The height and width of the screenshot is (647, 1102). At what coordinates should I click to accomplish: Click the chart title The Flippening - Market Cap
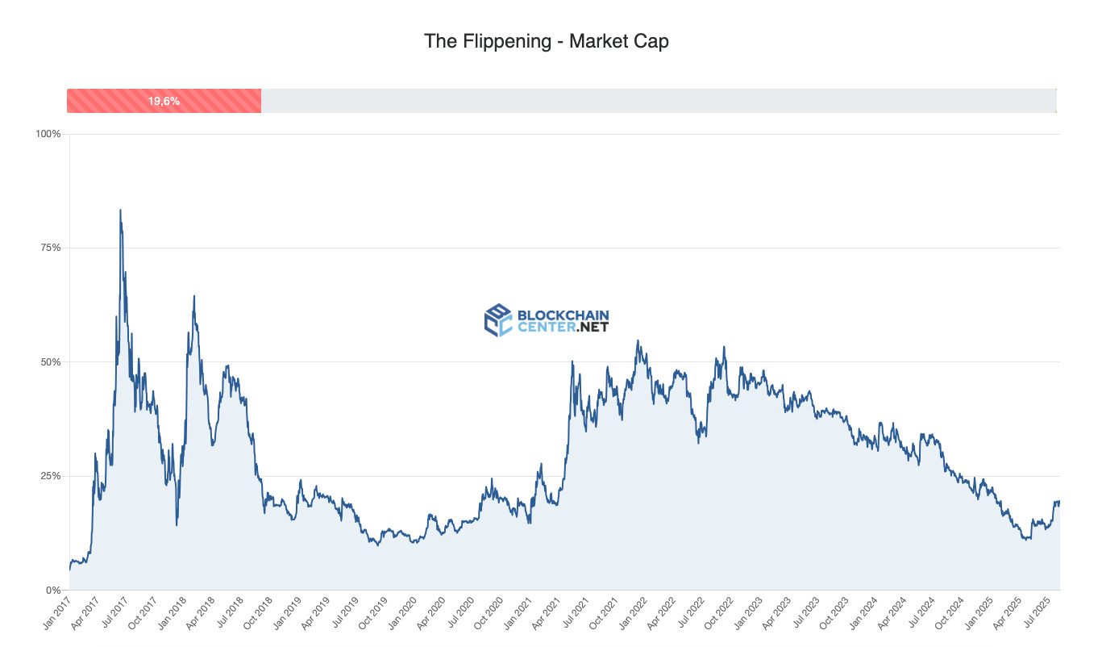[546, 41]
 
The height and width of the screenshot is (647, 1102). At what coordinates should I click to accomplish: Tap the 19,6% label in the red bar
[164, 102]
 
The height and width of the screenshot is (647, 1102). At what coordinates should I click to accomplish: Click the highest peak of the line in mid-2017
[120, 211]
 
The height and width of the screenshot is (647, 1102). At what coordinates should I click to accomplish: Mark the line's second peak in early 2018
[193, 296]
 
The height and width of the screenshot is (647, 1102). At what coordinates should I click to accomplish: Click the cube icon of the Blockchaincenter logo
[497, 320]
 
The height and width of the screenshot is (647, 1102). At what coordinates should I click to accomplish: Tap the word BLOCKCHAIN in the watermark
[562, 315]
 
